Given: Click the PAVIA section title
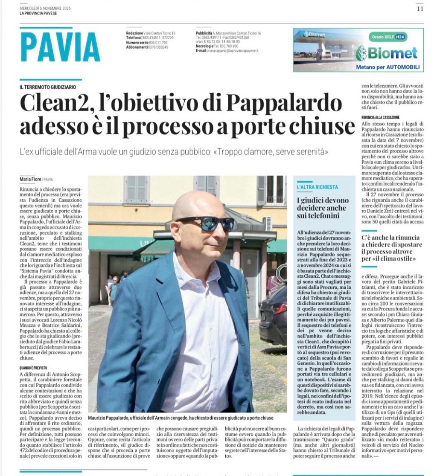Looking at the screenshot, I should [x=60, y=47].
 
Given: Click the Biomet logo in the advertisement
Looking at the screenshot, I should [x=387, y=53].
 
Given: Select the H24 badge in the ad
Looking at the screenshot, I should [x=400, y=37].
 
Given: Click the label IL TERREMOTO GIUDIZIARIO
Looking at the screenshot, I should [x=48, y=87].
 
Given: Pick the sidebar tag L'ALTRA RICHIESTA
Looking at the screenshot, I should [x=318, y=187].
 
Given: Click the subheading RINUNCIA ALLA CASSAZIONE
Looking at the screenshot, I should [x=380, y=117].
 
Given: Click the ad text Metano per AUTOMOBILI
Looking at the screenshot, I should [x=388, y=67].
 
